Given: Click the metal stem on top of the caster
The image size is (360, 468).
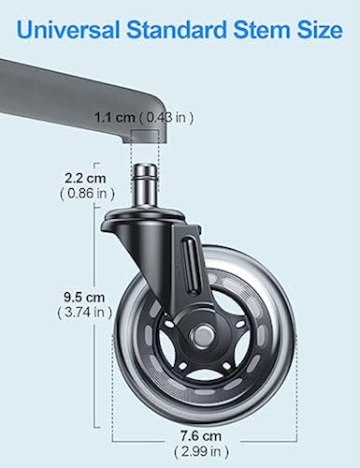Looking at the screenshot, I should pos(151,183).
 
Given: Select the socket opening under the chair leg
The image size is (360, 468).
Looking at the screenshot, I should pos(151,139).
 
